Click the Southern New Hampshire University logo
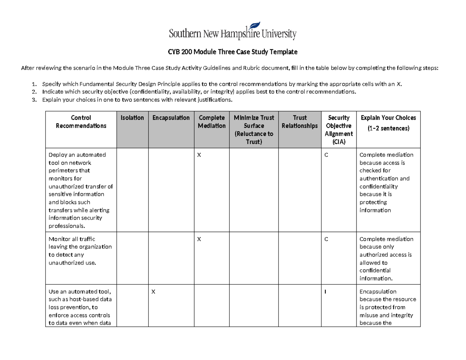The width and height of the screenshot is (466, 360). tap(233, 30)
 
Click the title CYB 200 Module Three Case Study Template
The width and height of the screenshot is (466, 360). tap(233, 52)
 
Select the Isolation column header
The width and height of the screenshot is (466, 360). tap(132, 118)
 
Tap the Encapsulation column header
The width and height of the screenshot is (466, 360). tap(171, 118)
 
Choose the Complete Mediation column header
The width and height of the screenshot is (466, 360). tap(211, 122)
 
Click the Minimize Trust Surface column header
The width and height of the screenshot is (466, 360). tap(254, 130)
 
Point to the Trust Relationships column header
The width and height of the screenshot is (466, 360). tap(299, 122)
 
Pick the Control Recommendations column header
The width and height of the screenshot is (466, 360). tap(81, 122)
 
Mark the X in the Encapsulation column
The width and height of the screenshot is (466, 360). tap(154, 292)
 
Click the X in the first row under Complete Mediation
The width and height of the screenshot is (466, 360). tap(199, 155)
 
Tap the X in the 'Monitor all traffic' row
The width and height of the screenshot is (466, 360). tap(199, 239)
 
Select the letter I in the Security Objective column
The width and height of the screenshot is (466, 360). tap(325, 292)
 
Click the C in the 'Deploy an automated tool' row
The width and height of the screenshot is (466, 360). tap(326, 155)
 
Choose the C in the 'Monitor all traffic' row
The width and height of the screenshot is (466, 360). tap(326, 239)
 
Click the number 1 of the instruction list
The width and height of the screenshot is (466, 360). tap(34, 84)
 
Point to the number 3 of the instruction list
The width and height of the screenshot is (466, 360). tap(34, 100)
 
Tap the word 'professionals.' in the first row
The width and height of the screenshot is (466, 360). tap(66, 226)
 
